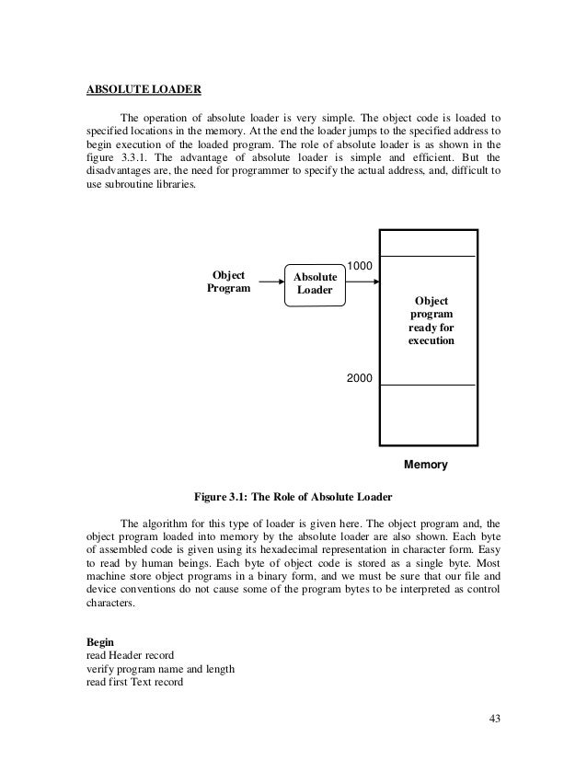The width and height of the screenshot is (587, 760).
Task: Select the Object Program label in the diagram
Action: pos(228,282)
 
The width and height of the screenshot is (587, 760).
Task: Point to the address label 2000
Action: pos(360,378)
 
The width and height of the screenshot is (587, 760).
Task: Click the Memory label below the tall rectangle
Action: pos(426,466)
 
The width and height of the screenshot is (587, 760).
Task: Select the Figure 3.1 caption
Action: pos(293,497)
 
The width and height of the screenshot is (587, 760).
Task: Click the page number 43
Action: pos(497,719)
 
